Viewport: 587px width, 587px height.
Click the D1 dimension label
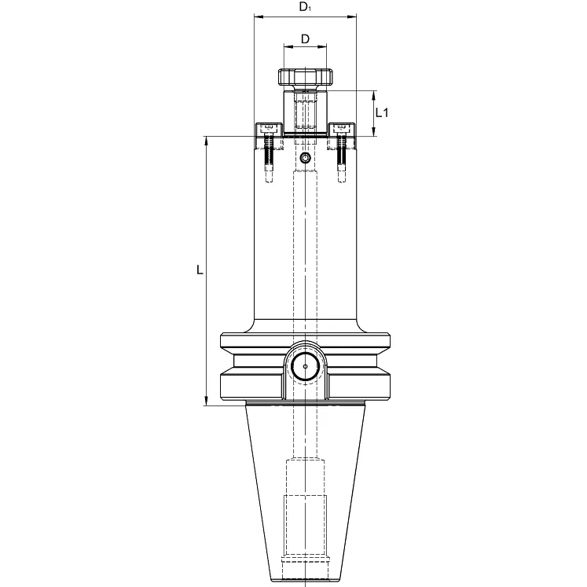305,8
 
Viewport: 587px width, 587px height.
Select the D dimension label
305,38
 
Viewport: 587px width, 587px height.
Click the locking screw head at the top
305,78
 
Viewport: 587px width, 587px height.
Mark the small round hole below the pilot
305,160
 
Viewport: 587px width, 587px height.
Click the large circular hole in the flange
305,366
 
